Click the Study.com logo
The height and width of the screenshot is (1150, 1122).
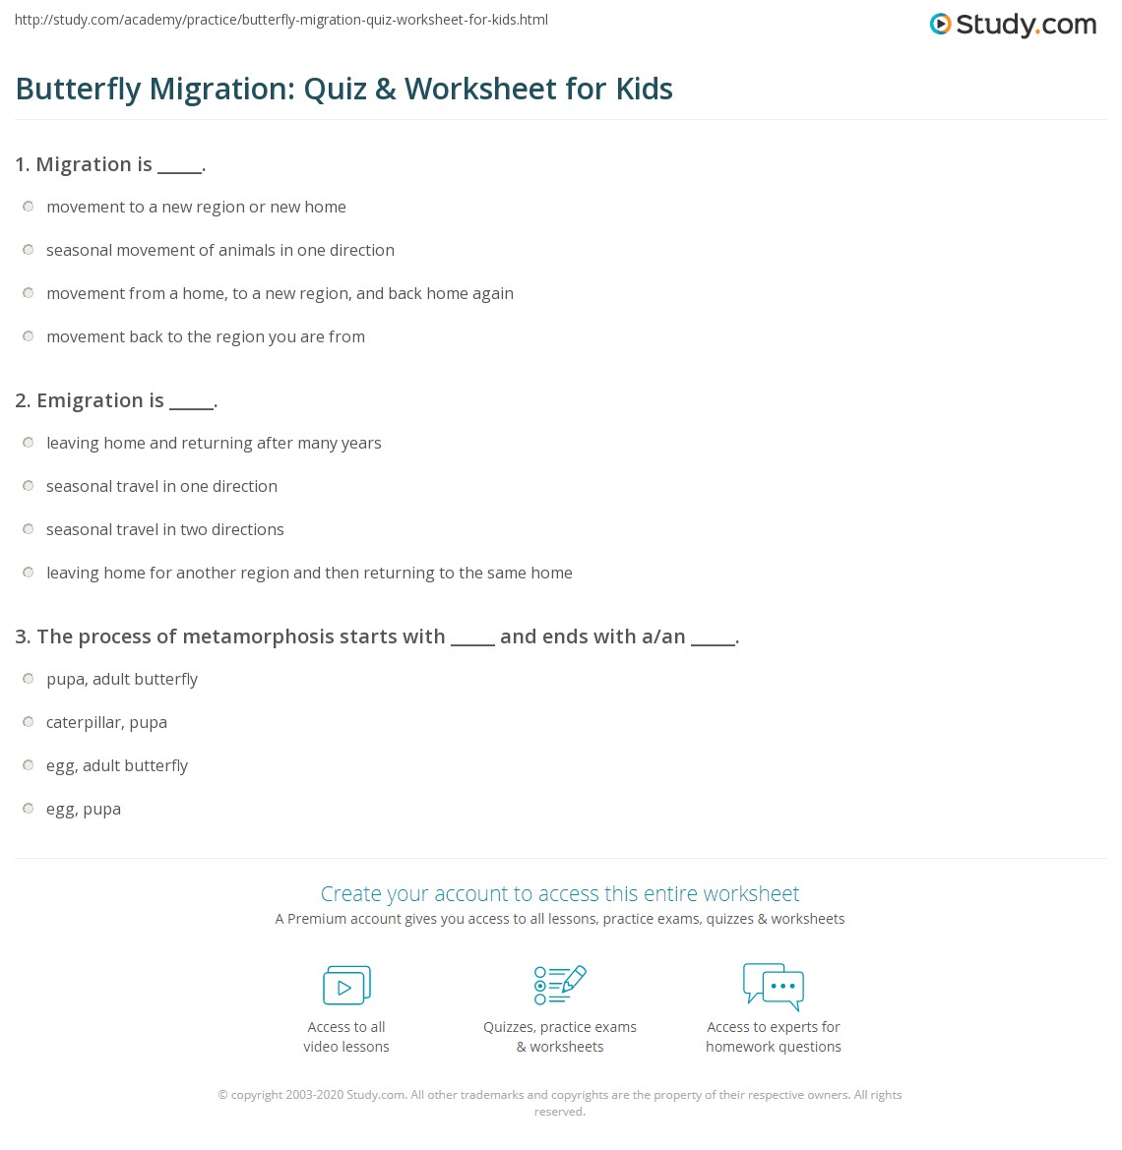1013,25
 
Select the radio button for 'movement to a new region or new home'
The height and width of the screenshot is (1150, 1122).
29,207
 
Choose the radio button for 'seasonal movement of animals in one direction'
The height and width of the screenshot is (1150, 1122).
29,250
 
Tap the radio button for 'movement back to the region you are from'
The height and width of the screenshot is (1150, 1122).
29,336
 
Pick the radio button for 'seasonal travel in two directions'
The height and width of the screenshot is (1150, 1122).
29,529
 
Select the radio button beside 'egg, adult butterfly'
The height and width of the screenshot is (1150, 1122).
29,765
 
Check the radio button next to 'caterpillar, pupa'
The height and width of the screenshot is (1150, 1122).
29,722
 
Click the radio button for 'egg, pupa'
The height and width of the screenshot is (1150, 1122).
29,809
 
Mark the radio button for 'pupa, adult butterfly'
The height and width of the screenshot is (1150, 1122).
29,679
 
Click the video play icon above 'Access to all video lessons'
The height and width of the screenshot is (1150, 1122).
346,986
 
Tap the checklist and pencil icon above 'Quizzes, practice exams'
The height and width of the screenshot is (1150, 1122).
560,985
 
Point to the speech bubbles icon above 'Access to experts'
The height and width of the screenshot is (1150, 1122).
774,986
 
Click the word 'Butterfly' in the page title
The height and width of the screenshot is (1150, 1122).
79,90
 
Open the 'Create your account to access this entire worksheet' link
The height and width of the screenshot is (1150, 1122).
560,893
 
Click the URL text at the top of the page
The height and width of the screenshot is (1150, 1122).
281,20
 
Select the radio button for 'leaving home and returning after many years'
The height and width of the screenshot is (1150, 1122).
29,443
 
